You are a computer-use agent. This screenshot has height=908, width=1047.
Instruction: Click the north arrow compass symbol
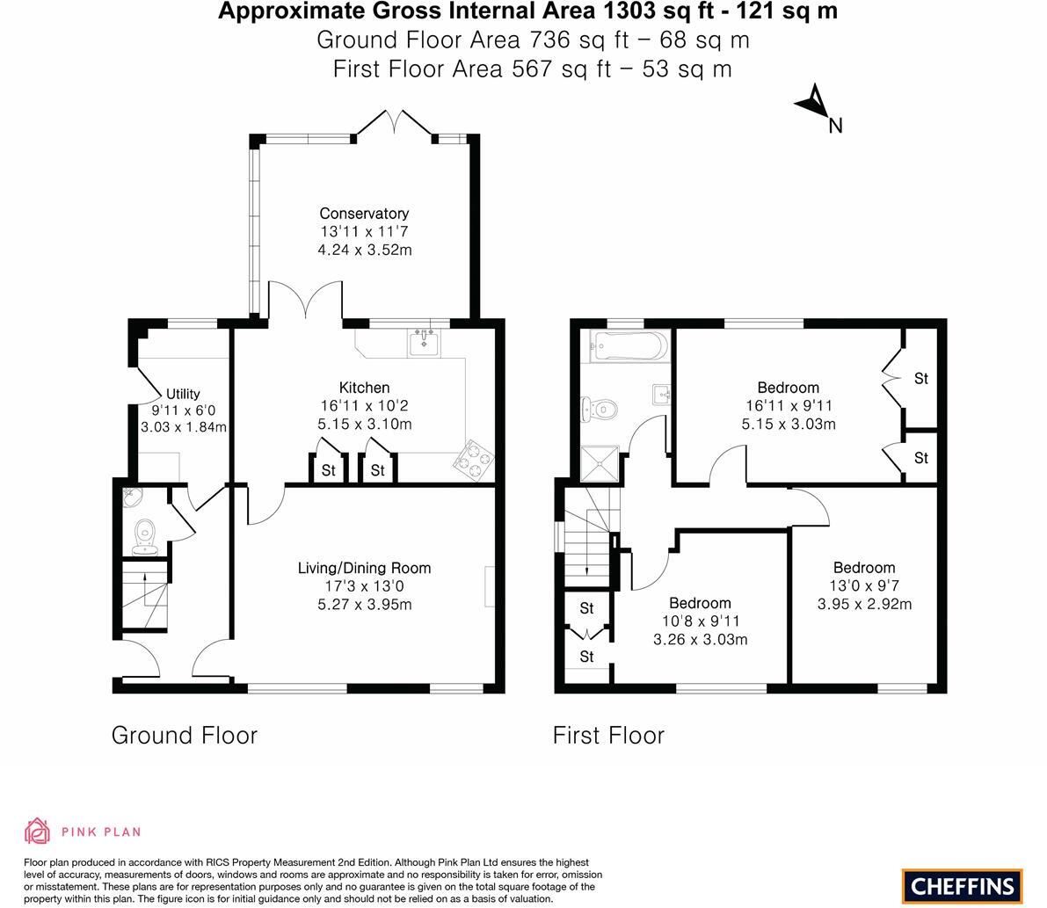click(x=815, y=102)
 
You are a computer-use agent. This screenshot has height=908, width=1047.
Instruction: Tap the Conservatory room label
click(x=364, y=214)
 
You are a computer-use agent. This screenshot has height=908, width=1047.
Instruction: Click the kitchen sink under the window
click(x=425, y=341)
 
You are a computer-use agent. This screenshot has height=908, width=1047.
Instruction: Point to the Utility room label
click(x=183, y=394)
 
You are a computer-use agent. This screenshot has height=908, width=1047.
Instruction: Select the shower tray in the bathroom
click(x=600, y=464)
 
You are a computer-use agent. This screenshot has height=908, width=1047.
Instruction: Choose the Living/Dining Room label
click(x=364, y=568)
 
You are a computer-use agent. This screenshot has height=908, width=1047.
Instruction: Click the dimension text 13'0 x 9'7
click(x=864, y=586)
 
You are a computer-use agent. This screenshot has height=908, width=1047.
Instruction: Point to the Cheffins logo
click(x=962, y=885)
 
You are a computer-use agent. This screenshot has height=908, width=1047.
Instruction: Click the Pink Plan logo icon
click(x=38, y=831)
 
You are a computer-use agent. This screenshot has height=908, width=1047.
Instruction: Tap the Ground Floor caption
click(x=185, y=735)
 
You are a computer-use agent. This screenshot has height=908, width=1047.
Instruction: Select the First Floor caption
click(x=608, y=735)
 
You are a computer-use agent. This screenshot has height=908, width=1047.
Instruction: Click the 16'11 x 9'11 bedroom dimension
click(x=788, y=406)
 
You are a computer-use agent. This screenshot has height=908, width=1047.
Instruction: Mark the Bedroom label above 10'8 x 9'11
click(x=700, y=603)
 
